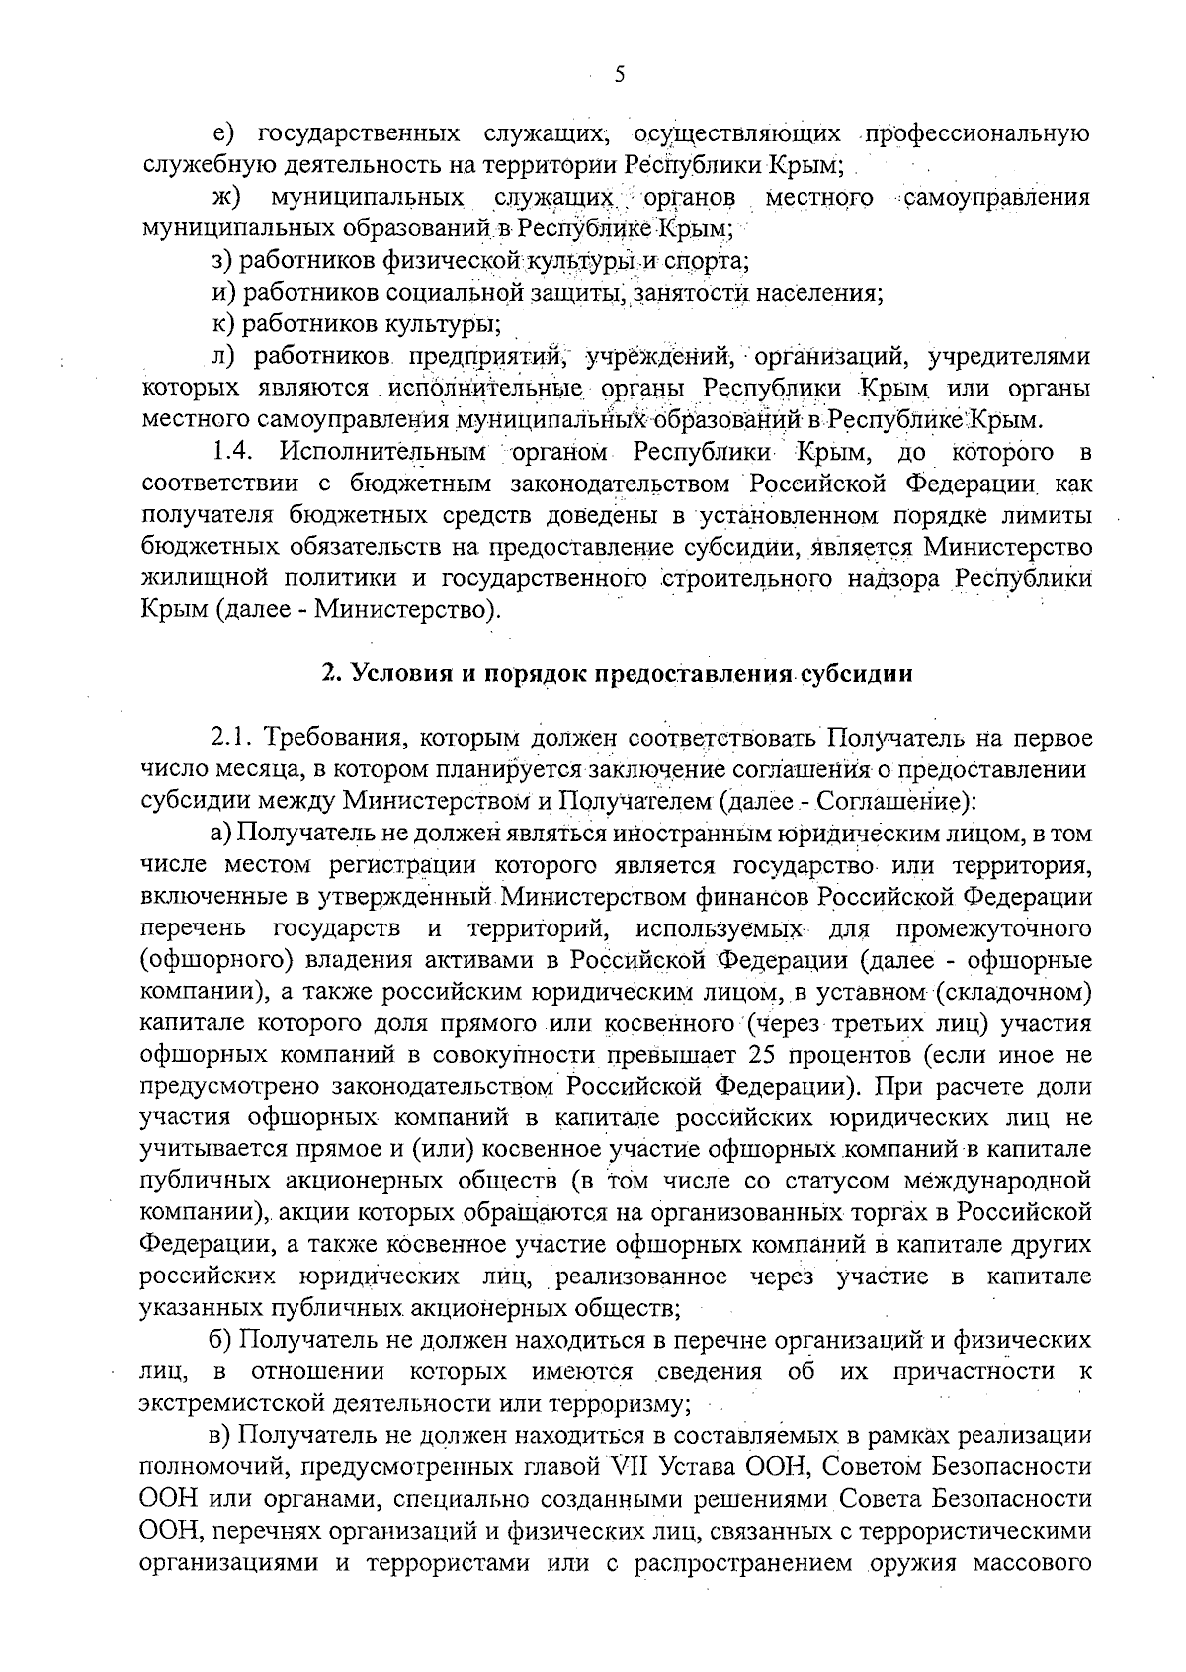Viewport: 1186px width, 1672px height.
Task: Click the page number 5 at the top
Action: (x=619, y=75)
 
